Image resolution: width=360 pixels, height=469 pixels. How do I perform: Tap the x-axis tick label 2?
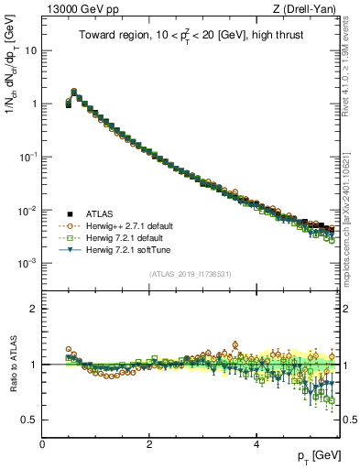click(149, 442)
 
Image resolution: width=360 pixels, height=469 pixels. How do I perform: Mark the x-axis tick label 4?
click(256, 442)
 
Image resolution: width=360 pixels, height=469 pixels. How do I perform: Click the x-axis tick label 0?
click(42, 442)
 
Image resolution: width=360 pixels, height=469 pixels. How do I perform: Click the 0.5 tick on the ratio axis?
click(30, 420)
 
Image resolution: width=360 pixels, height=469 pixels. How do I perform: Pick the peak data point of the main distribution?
click(74, 92)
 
